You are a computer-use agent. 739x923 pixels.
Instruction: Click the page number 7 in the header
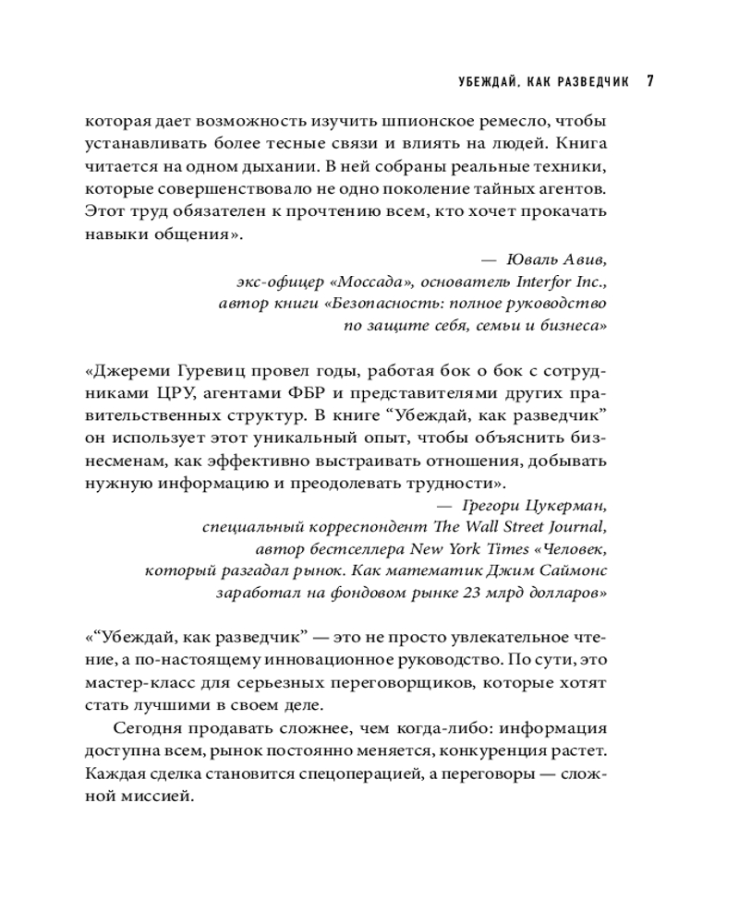click(x=649, y=81)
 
